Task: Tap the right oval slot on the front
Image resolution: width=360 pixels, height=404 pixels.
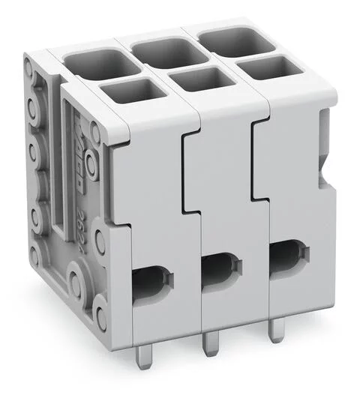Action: point(287,254)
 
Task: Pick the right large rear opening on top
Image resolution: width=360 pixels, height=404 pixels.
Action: point(237,40)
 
